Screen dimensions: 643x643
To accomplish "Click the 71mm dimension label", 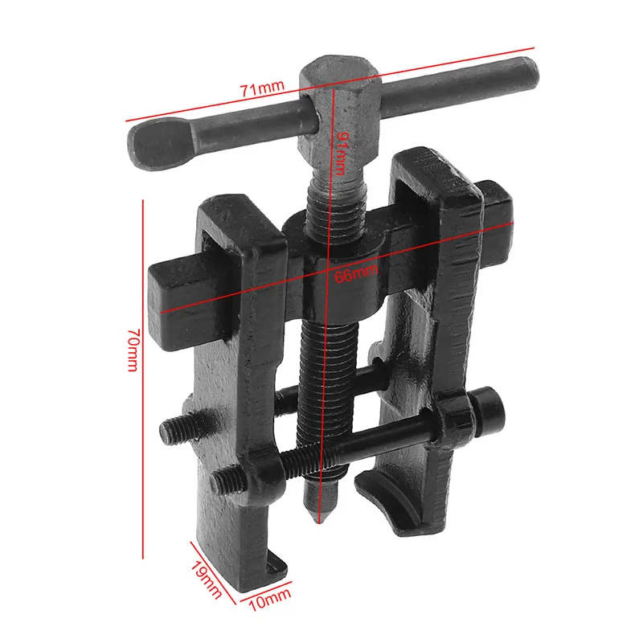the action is pyautogui.click(x=262, y=88).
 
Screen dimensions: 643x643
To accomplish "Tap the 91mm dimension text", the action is pyautogui.click(x=341, y=154).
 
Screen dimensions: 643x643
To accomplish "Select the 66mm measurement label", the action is pyautogui.click(x=356, y=273).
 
